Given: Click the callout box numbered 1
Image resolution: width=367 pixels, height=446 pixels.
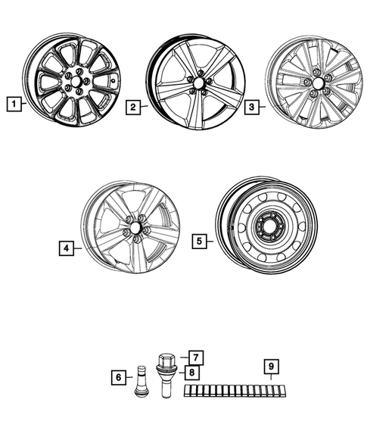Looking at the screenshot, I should pyautogui.click(x=13, y=100).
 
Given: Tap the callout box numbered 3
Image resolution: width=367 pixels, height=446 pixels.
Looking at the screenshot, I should pyautogui.click(x=251, y=108).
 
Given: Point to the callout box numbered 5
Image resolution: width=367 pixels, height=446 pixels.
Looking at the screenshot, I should pyautogui.click(x=199, y=242).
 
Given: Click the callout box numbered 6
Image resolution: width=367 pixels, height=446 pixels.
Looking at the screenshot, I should pyautogui.click(x=119, y=376).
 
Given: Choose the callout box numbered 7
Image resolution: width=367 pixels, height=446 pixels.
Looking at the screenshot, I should pyautogui.click(x=194, y=357).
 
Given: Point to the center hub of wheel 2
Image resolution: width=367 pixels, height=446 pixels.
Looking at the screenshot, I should pyautogui.click(x=198, y=83).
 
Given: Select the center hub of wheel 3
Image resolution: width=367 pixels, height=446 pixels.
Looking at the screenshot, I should pyautogui.click(x=317, y=86).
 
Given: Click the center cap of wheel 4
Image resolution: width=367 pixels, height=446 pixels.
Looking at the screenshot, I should pyautogui.click(x=135, y=227).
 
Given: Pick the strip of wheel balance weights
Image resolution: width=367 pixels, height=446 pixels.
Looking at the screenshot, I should pyautogui.click(x=235, y=391).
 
